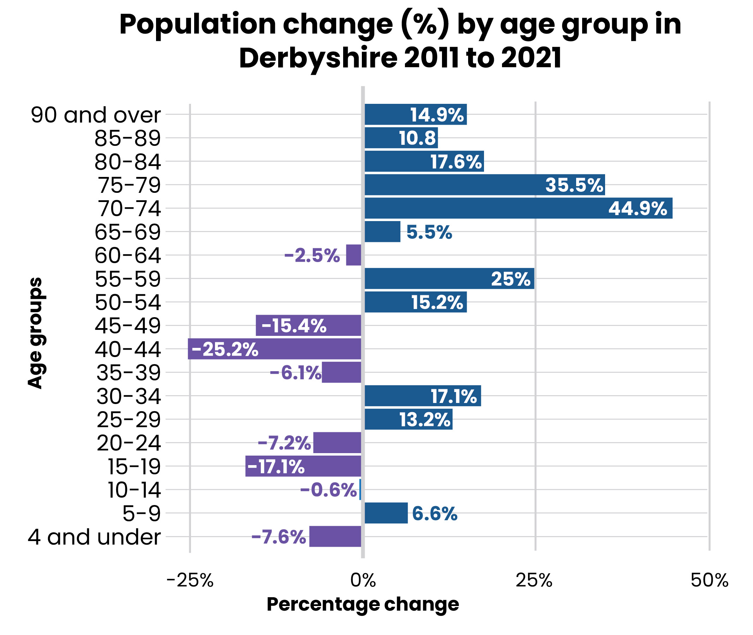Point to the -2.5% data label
[312, 256]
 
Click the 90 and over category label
[96, 115]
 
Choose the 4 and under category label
[94, 537]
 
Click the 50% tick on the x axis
[709, 580]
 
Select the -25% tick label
[190, 580]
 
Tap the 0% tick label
[363, 580]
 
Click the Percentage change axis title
[363, 604]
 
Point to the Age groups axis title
[35, 333]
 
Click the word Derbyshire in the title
[318, 58]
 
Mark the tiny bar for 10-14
[360, 489]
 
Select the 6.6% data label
[434, 514]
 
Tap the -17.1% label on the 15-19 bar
[276, 467]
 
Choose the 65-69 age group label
[127, 232]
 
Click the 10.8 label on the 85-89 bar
[417, 138]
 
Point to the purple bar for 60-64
[354, 255]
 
